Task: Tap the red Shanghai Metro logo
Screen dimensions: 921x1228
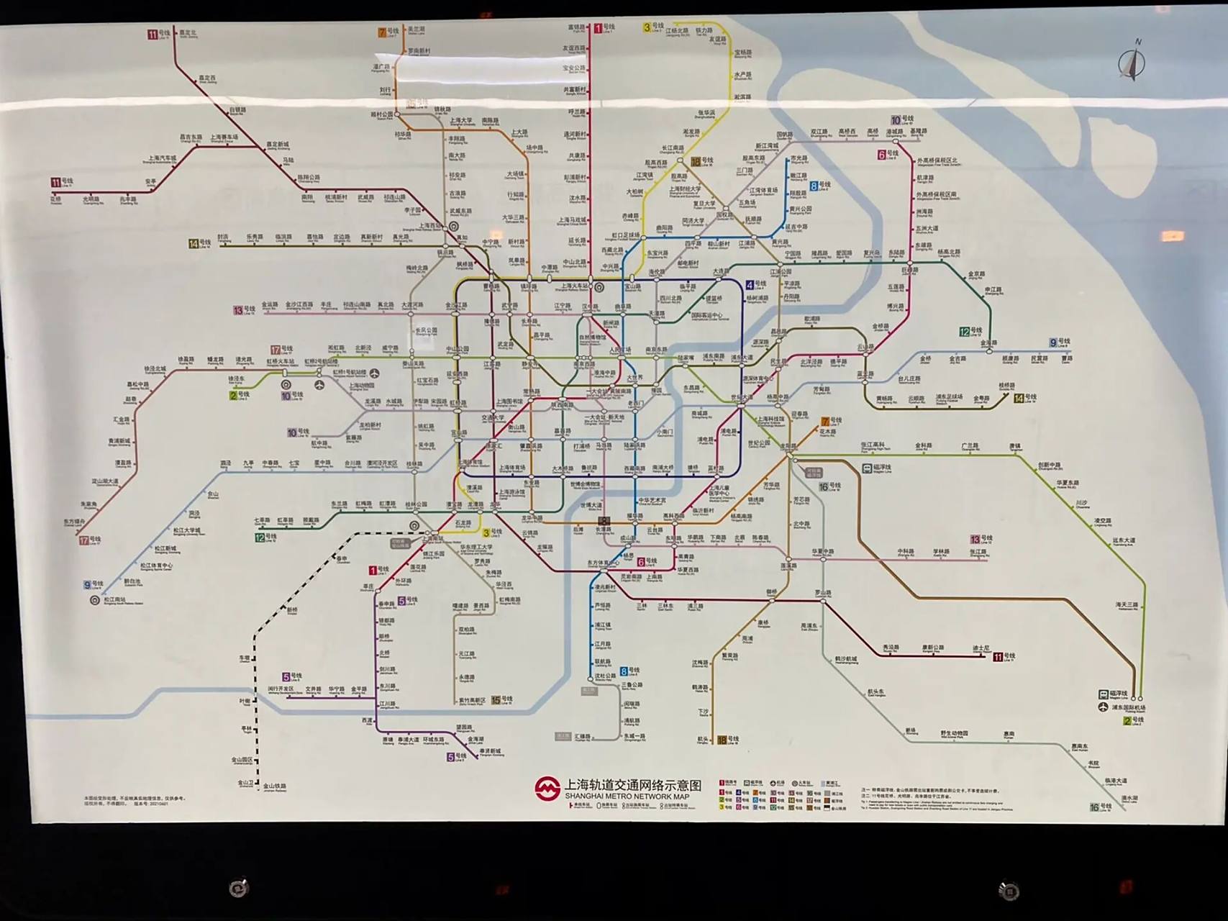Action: [x=547, y=789]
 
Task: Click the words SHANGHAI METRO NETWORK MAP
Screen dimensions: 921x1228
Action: [x=627, y=797]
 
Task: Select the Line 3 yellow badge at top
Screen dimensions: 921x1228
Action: [x=647, y=27]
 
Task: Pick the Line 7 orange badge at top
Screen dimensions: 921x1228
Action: [x=383, y=32]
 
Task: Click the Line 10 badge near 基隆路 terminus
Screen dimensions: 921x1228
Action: [x=896, y=120]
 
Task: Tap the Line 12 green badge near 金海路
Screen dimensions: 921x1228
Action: [x=965, y=332]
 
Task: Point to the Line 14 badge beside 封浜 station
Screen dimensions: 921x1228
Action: [x=194, y=244]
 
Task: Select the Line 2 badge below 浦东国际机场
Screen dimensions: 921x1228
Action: [x=1127, y=720]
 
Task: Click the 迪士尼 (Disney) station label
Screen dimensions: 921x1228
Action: [x=981, y=648]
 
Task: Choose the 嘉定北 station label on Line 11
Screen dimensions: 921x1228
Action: [x=187, y=33]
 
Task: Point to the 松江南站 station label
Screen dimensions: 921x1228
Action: [x=115, y=600]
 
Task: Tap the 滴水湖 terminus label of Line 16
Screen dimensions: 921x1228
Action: [x=1130, y=798]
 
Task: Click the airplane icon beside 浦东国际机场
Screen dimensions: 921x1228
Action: [x=1104, y=708]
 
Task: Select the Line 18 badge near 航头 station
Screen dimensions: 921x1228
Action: [x=722, y=740]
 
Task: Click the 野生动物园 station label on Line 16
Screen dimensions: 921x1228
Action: [x=954, y=734]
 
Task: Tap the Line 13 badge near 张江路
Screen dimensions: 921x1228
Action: [x=975, y=539]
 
